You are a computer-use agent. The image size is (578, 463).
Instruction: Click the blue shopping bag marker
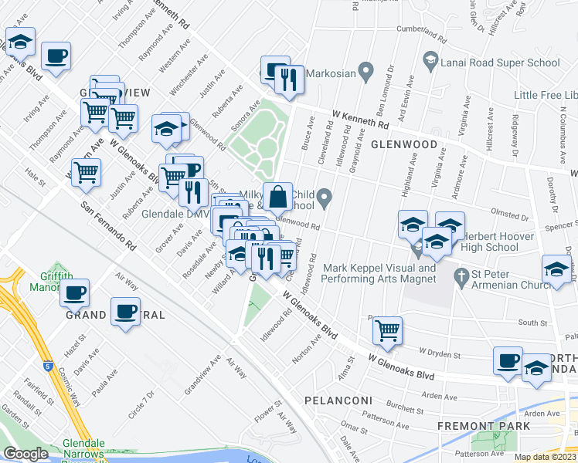[277, 198]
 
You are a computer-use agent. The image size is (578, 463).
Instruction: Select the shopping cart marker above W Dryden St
[387, 331]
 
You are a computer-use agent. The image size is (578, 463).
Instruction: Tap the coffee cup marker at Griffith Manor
[75, 293]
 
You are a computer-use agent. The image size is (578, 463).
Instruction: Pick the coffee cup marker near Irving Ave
[56, 56]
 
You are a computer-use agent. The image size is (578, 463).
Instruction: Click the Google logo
[25, 455]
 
